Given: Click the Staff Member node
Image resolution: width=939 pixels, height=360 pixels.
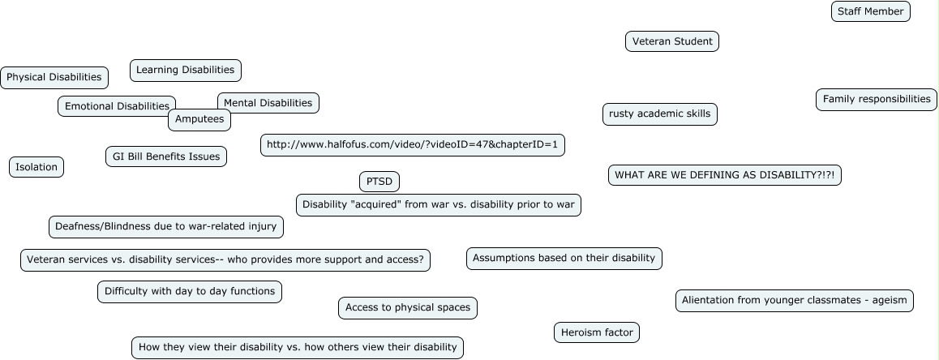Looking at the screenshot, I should click(x=871, y=11).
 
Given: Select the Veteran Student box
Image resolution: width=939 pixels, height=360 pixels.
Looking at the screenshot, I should click(x=671, y=41).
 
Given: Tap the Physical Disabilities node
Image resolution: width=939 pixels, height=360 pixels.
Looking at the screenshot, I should click(x=54, y=78).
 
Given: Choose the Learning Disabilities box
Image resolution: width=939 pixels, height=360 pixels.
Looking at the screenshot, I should click(x=185, y=71).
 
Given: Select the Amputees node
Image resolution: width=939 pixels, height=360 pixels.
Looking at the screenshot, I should click(x=199, y=120).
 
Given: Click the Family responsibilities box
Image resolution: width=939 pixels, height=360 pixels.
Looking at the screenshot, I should click(x=876, y=100).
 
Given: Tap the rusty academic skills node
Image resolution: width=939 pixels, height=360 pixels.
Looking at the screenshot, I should click(x=659, y=114).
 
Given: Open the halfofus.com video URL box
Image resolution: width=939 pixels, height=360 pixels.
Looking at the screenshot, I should click(x=412, y=145).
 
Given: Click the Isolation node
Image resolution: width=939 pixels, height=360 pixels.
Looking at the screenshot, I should click(x=36, y=167).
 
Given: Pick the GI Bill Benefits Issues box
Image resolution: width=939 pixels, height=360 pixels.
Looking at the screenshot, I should click(x=165, y=156).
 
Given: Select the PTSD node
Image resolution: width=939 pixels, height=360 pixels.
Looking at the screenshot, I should click(x=379, y=182).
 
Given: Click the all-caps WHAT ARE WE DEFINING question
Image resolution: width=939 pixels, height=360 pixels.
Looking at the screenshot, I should click(x=724, y=175).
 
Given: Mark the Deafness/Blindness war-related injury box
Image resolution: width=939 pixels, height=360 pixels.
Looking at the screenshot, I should click(x=165, y=227).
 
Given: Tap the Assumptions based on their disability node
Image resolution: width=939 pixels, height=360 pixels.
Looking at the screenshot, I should click(x=564, y=259).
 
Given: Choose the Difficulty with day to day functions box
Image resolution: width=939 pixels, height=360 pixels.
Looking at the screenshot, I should click(x=190, y=291).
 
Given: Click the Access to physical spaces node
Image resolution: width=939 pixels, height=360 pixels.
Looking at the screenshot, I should click(x=408, y=308).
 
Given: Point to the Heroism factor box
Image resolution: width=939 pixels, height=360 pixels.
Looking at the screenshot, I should click(x=597, y=332).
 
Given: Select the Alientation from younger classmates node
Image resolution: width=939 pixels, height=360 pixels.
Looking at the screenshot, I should click(x=794, y=301).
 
